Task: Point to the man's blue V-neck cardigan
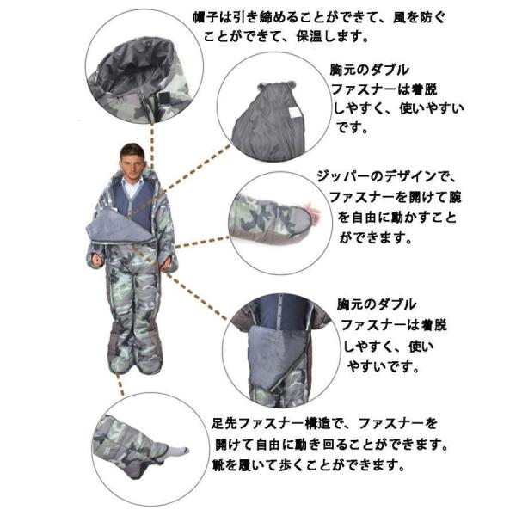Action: coord(133,206)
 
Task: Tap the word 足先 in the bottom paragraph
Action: coord(224,424)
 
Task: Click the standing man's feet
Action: coord(133,365)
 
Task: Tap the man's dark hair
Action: coord(132,149)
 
